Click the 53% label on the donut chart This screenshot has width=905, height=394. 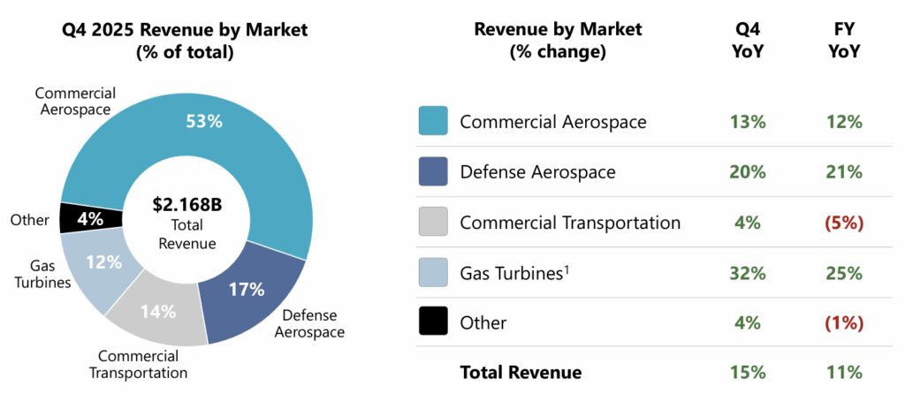(x=203, y=121)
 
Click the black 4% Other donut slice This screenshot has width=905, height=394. (x=80, y=217)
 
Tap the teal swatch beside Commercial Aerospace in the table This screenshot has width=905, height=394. (x=433, y=121)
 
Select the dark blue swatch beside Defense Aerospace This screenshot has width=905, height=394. (x=433, y=171)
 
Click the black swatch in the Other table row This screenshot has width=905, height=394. (x=433, y=322)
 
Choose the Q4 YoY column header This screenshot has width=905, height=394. (x=747, y=41)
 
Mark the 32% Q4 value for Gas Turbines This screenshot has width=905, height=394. (x=747, y=273)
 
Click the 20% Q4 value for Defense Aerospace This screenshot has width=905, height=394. (x=747, y=172)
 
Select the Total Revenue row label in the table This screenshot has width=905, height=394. (x=521, y=373)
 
